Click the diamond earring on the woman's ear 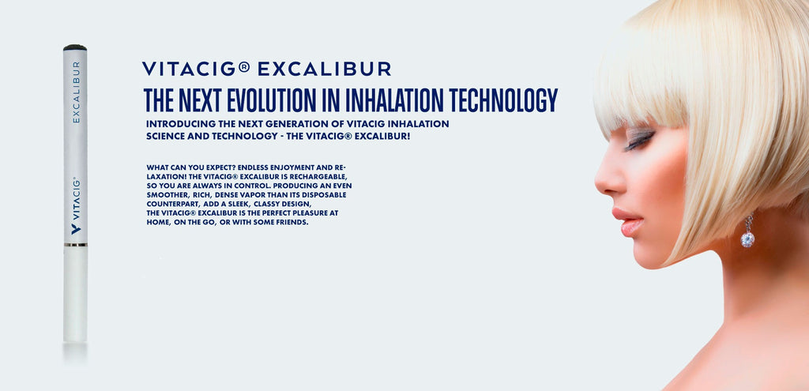click(747, 231)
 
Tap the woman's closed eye click(639, 141)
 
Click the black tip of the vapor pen click(75, 47)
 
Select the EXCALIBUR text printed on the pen click(76, 92)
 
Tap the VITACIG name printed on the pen click(76, 198)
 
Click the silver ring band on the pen click(75, 245)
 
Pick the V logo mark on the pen click(76, 228)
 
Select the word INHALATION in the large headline click(394, 100)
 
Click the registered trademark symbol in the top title click(244, 67)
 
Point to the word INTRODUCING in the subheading click(174, 124)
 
